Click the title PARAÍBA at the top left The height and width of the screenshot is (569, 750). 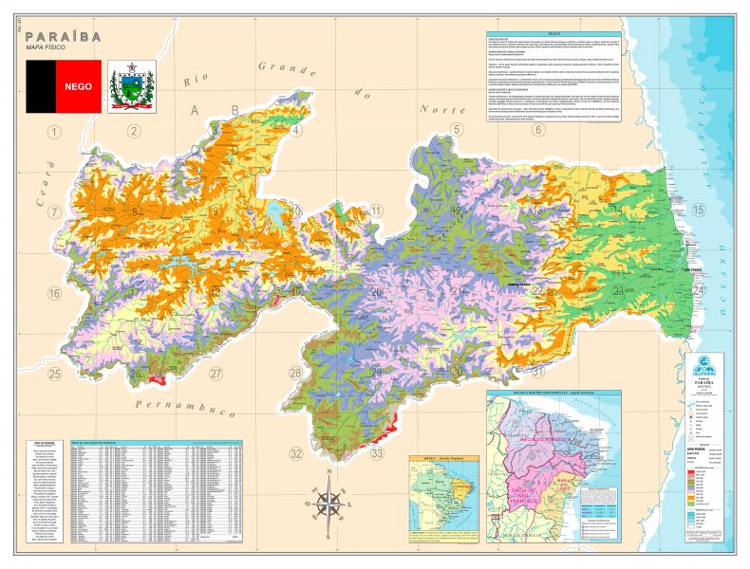tap(59, 36)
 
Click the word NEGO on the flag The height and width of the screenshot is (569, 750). tap(78, 85)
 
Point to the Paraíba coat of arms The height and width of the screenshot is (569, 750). tap(133, 85)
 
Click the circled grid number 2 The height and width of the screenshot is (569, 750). tap(134, 131)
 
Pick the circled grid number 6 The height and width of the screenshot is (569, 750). tap(537, 129)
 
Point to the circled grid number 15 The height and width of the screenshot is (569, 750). tap(699, 211)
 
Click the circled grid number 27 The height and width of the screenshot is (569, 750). tap(216, 373)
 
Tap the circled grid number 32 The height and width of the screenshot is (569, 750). tap(297, 453)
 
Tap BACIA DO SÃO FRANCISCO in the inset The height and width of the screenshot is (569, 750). tap(527, 494)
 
